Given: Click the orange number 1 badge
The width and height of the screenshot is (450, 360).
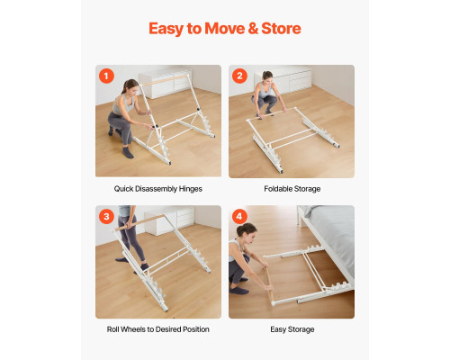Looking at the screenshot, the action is pyautogui.click(x=106, y=76).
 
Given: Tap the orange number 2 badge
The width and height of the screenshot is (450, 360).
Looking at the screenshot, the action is pyautogui.click(x=239, y=76).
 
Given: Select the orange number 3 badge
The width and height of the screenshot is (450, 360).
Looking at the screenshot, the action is pyautogui.click(x=106, y=216).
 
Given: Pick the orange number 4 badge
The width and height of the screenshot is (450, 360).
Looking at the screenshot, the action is pyautogui.click(x=239, y=216).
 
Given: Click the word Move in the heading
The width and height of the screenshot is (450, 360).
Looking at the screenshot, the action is pyautogui.click(x=225, y=29).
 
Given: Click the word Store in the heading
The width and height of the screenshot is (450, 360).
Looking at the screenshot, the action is pyautogui.click(x=281, y=29).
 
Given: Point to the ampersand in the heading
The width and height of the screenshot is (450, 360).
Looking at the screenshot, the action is pyautogui.click(x=253, y=29).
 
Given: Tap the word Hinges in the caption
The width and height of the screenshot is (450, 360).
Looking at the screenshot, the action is pyautogui.click(x=191, y=189).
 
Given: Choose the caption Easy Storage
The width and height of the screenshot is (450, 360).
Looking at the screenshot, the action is pyautogui.click(x=292, y=329).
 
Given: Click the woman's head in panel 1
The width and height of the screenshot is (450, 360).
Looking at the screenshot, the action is pyautogui.click(x=130, y=86).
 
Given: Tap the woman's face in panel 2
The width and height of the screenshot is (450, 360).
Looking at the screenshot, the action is pyautogui.click(x=267, y=78).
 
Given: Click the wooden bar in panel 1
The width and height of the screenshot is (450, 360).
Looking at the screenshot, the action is pyautogui.click(x=164, y=80).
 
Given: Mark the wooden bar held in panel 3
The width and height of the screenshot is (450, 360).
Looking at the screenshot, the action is pyautogui.click(x=140, y=222).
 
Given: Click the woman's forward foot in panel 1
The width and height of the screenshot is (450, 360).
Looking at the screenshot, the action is pyautogui.click(x=128, y=153).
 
